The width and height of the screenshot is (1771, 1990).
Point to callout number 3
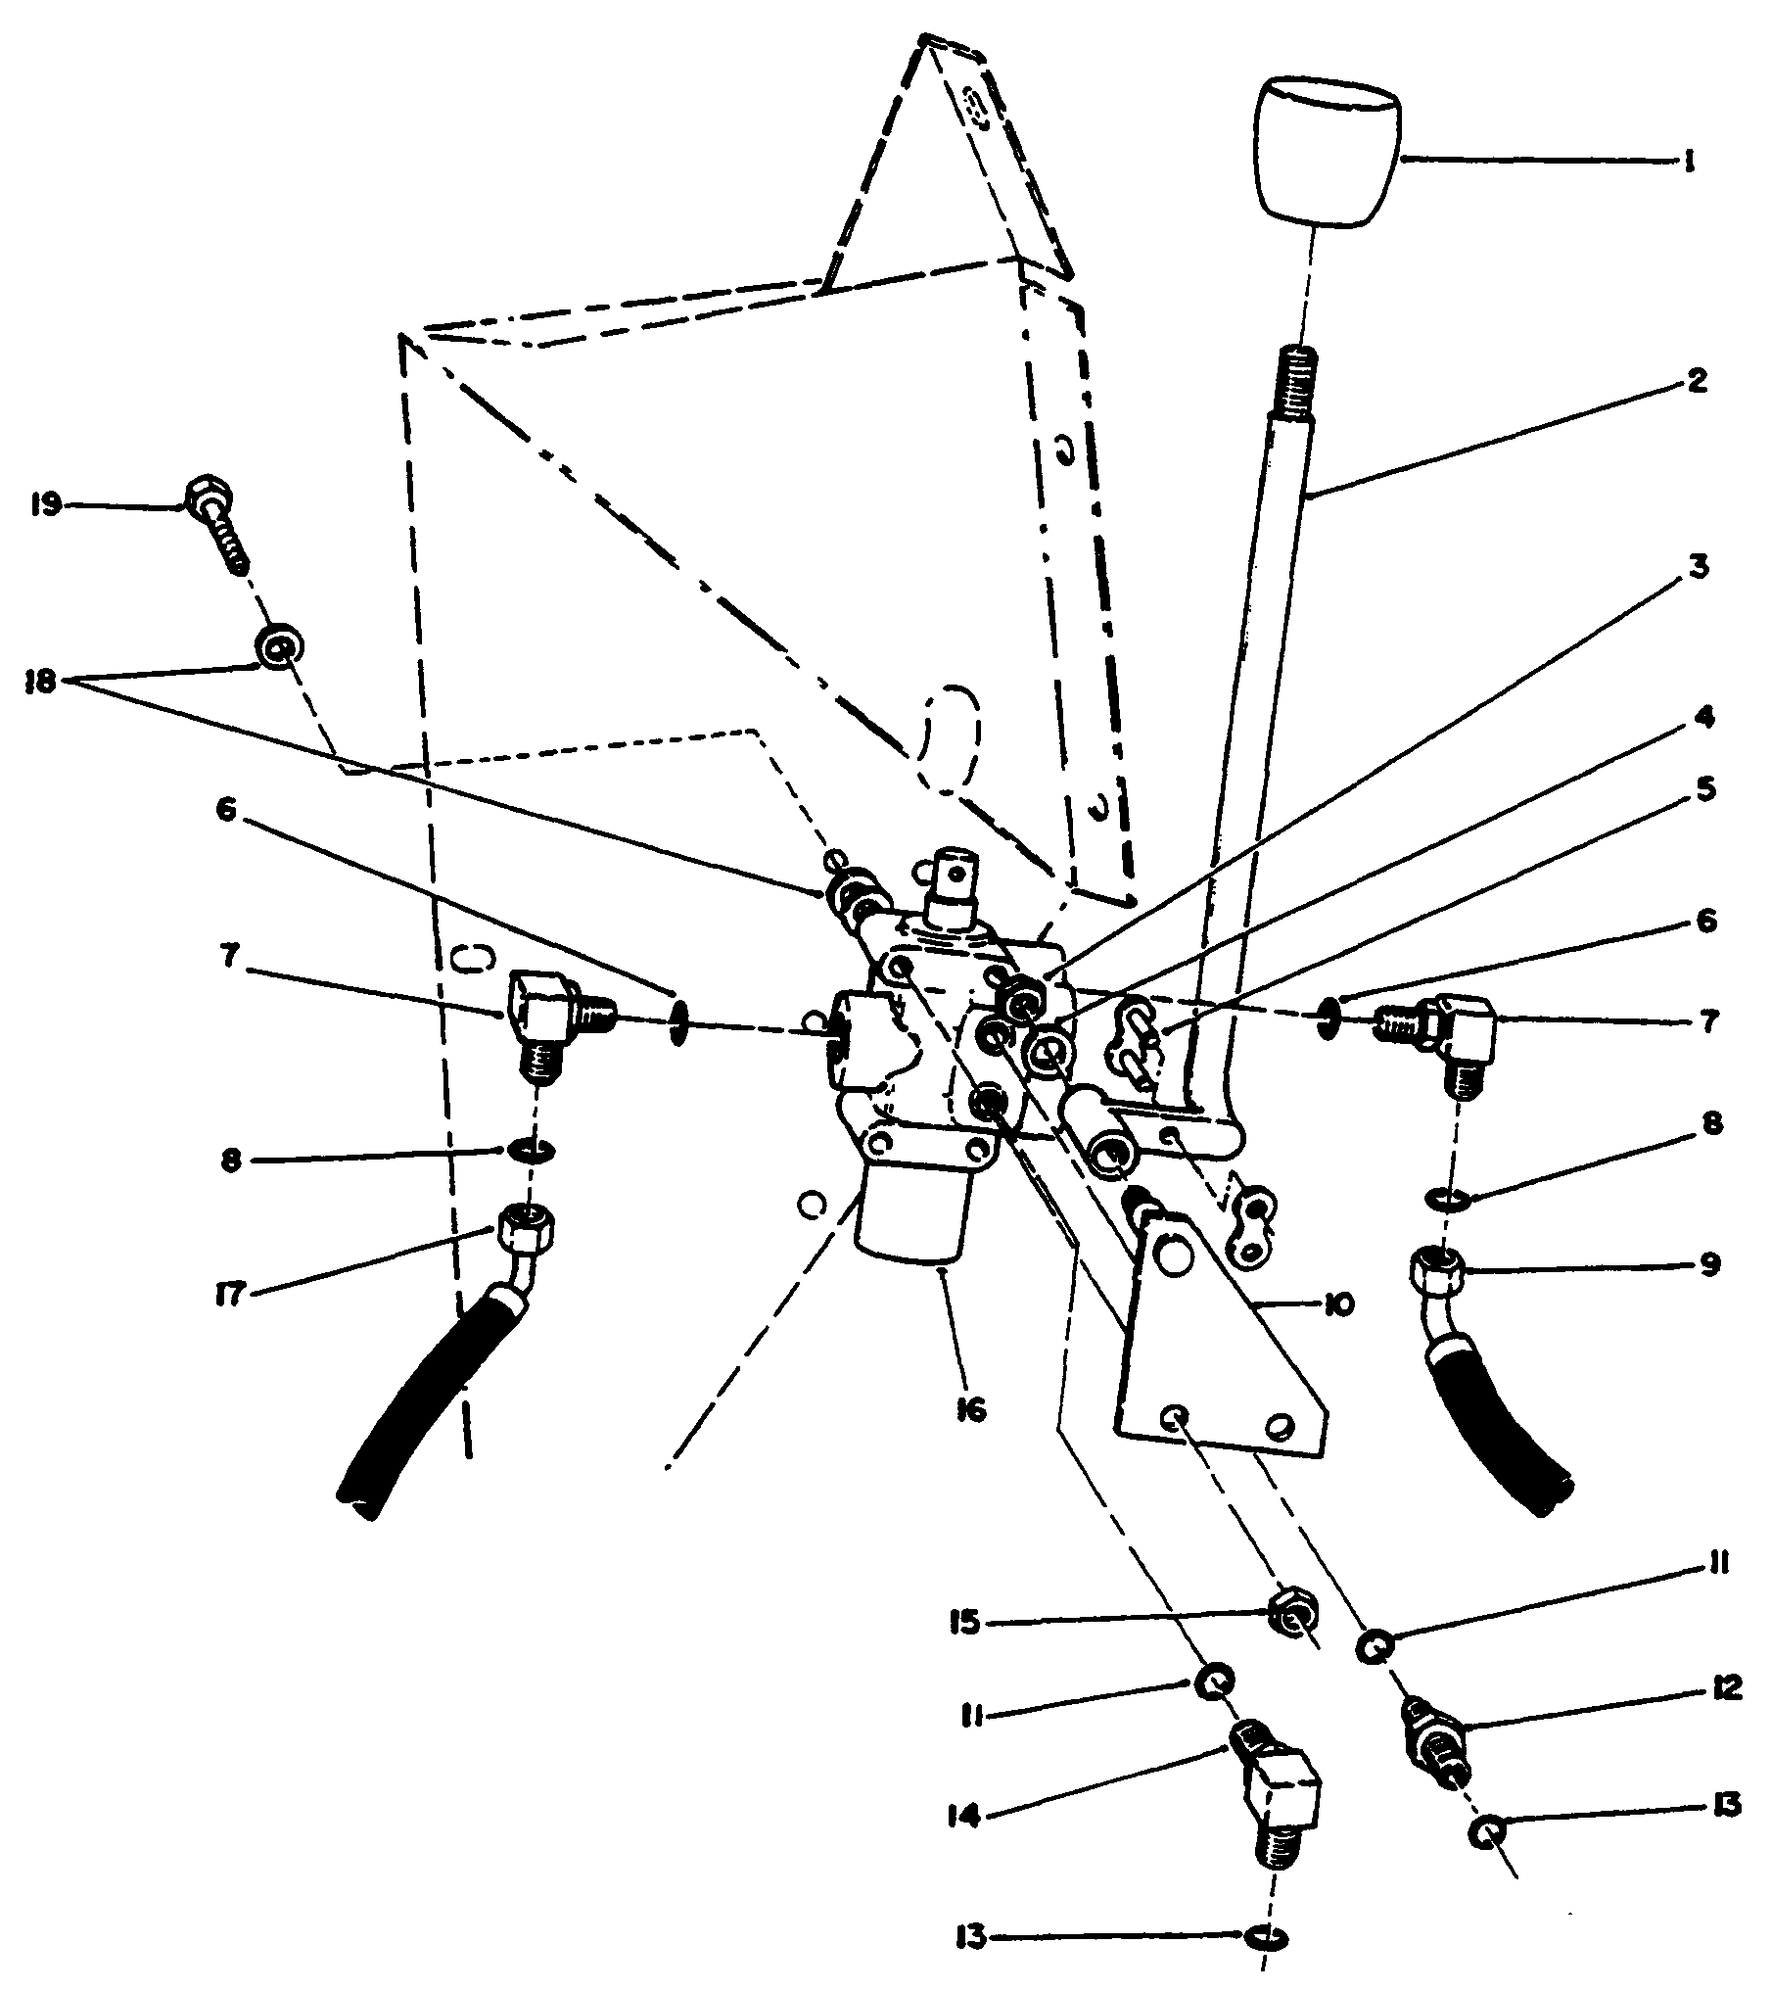[1699, 568]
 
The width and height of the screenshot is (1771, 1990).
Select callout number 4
[1704, 719]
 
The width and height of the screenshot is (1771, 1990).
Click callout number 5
[1704, 789]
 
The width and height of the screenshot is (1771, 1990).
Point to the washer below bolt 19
[278, 647]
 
